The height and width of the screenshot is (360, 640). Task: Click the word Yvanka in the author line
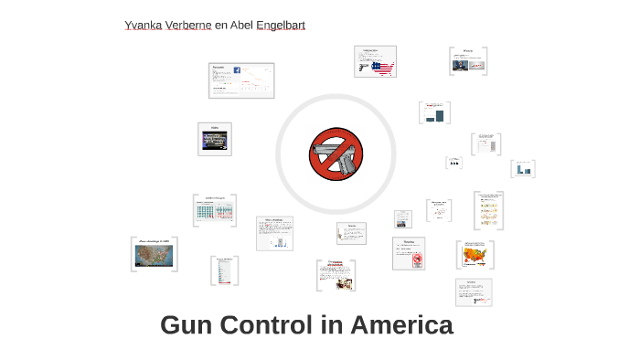[x=143, y=25]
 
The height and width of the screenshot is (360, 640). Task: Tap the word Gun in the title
[x=187, y=324]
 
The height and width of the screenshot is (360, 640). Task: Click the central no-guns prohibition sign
[x=336, y=154]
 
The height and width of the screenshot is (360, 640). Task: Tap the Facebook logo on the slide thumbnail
[x=237, y=70]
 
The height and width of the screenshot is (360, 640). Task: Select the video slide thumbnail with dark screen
[x=215, y=141]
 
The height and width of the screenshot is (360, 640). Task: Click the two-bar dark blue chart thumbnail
[x=435, y=114]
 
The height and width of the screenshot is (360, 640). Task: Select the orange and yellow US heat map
[x=475, y=255]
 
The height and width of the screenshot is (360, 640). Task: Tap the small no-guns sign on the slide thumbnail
[x=417, y=259]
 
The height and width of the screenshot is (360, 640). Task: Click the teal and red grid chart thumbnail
[x=215, y=212]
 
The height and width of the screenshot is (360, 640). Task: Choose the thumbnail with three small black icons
[x=453, y=164]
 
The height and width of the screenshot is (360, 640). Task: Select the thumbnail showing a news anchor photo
[x=467, y=62]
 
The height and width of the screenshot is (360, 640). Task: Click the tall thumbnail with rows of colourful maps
[x=488, y=211]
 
